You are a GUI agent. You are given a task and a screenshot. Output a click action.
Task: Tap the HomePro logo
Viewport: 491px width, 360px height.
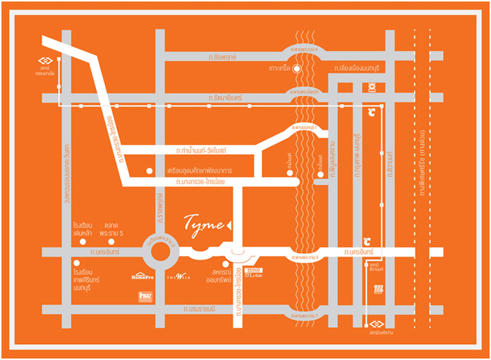click(143, 276)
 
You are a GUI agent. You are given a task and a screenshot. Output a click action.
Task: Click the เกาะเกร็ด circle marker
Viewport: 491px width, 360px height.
click(298, 69)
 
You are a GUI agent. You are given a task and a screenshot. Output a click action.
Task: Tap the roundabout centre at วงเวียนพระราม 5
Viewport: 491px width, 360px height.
click(160, 254)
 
